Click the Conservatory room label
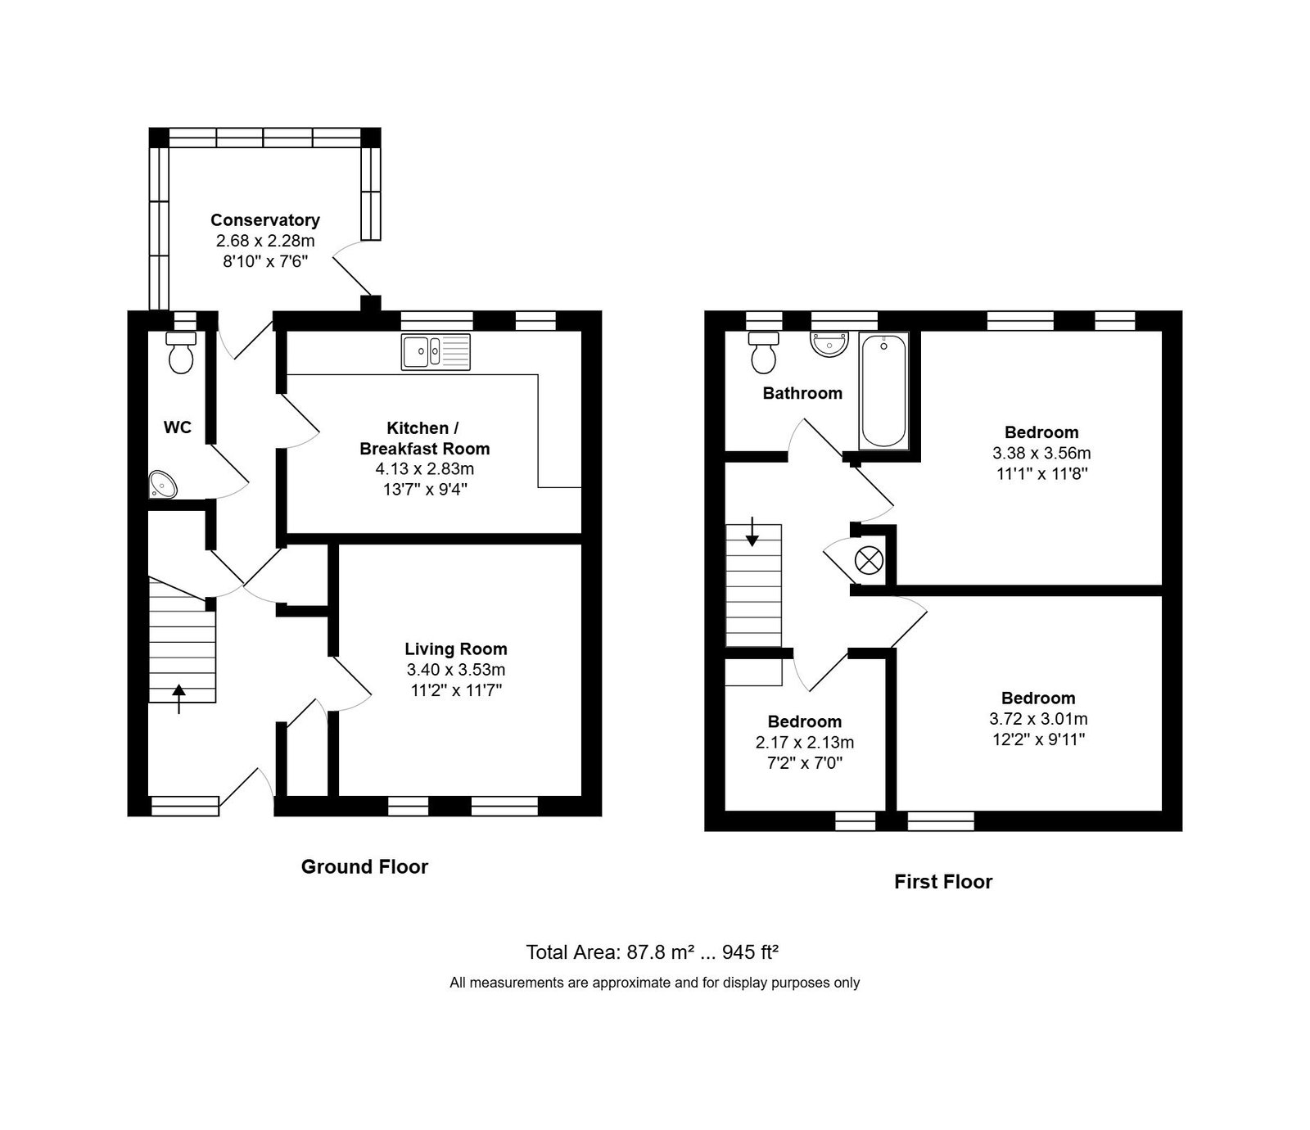(265, 220)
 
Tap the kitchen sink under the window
(436, 351)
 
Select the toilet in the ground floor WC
(180, 351)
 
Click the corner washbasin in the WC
(162, 486)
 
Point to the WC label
(178, 427)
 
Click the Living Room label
(456, 649)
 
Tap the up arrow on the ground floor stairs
(179, 699)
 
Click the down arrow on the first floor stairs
(752, 532)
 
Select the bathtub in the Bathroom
(883, 391)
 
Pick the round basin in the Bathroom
(828, 344)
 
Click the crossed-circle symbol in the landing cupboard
(868, 561)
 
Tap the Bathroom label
(802, 393)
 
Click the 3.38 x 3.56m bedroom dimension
(1041, 453)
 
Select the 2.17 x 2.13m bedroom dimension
(805, 743)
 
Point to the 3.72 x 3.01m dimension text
(1038, 719)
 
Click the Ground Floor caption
(364, 866)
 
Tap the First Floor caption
(943, 882)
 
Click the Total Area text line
(652, 952)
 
